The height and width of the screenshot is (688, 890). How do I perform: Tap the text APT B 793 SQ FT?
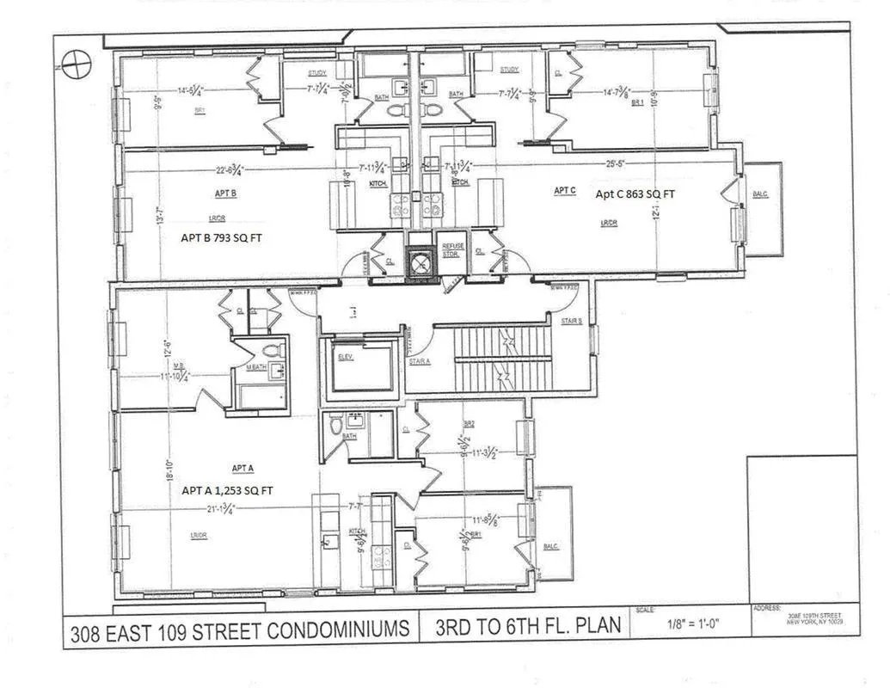[x=220, y=238]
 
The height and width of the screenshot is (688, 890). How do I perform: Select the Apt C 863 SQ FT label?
[x=635, y=194]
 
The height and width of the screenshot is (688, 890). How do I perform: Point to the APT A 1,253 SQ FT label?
[x=227, y=490]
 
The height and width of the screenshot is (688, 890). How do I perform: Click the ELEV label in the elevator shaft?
[x=346, y=357]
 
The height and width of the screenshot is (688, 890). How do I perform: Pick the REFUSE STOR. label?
[x=452, y=250]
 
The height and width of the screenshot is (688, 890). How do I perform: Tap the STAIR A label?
[x=419, y=361]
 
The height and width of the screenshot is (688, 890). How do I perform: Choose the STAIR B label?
[x=572, y=321]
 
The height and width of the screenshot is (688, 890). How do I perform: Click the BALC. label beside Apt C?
[x=760, y=194]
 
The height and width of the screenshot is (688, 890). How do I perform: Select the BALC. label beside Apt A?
[x=551, y=546]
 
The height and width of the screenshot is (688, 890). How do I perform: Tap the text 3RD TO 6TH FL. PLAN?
[x=523, y=627]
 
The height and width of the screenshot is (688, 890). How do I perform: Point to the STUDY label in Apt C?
[x=509, y=70]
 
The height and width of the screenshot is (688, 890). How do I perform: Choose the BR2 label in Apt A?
[x=470, y=424]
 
